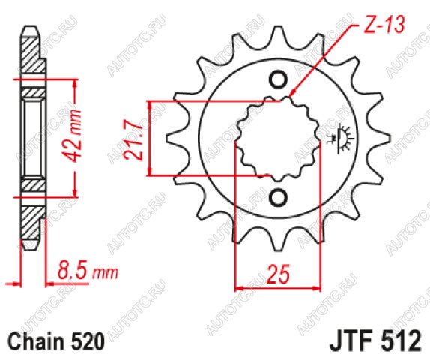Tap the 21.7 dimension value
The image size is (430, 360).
point(133,139)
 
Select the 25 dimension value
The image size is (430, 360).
point(278,274)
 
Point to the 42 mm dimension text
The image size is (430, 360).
point(73,136)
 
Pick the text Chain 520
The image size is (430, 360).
point(56,341)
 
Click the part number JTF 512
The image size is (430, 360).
point(376,340)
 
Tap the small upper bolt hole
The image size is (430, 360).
point(279,79)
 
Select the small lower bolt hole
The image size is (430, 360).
point(279,197)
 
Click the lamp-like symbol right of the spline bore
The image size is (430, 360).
point(341,137)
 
